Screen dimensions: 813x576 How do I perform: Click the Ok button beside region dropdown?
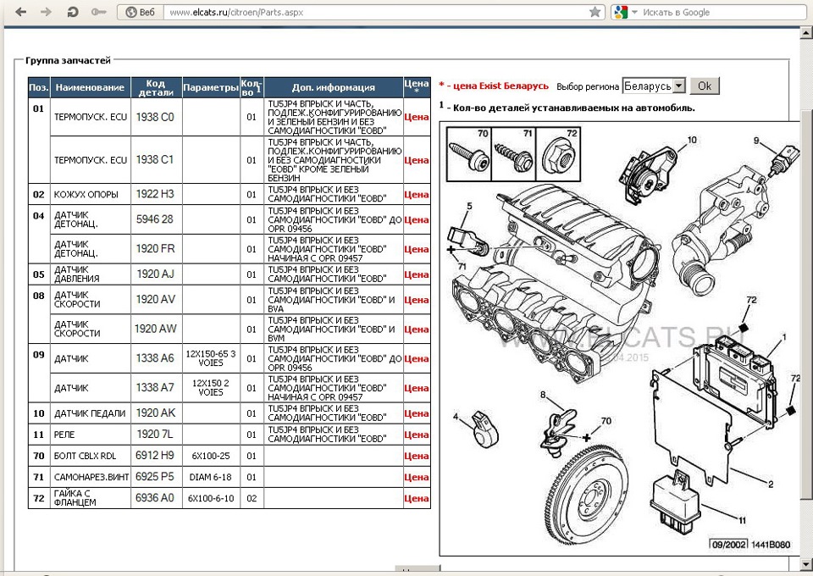point(704,86)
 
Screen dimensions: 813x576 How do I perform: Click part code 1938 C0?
point(155,117)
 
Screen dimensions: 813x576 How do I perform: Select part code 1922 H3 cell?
point(155,194)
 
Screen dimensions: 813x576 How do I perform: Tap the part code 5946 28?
point(154,219)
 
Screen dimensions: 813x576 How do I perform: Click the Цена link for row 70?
point(417,457)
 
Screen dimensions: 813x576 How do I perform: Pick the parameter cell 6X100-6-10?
point(211,498)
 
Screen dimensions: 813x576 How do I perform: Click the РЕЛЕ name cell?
point(64,435)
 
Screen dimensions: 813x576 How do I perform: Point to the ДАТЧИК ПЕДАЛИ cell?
point(90,413)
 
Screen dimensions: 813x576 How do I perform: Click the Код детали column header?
point(156,87)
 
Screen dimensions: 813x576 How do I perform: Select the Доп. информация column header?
point(334,87)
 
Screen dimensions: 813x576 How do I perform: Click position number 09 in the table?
point(39,355)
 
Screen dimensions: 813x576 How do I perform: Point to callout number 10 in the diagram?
point(692,140)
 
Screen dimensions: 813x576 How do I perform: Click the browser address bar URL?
point(236,12)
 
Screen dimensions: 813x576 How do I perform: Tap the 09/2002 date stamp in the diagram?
point(728,545)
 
